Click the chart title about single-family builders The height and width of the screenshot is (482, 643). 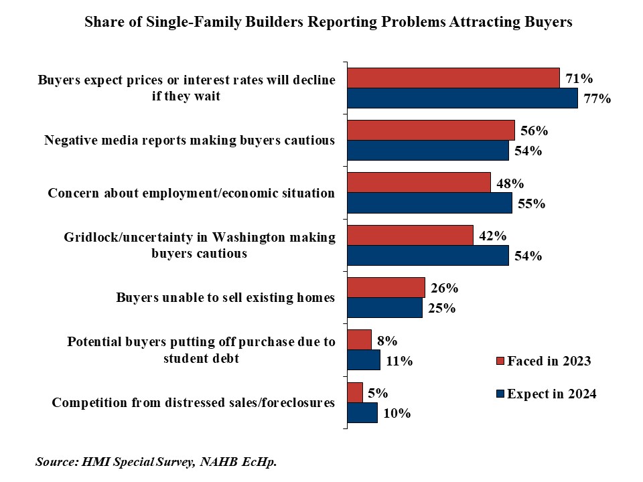[328, 22]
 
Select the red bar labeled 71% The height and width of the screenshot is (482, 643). [453, 78]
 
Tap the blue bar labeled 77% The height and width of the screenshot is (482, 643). [462, 98]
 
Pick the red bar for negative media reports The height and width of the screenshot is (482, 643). [430, 130]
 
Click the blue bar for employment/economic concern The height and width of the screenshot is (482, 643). [429, 203]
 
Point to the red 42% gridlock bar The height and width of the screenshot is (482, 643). [410, 235]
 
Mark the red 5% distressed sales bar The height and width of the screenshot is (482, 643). [354, 392]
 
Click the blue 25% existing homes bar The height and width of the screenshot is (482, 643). [384, 308]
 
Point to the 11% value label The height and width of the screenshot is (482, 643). [399, 361]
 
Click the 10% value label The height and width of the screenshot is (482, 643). [397, 414]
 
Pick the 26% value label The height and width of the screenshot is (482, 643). [444, 288]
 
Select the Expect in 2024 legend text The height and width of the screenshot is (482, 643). [551, 394]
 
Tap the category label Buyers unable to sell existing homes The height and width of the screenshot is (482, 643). [225, 298]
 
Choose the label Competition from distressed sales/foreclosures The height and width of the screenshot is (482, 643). [194, 403]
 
